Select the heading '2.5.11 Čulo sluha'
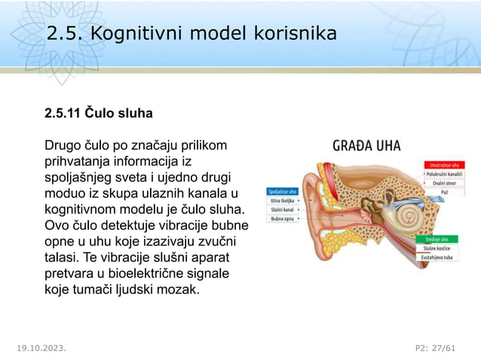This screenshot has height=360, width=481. pyautogui.click(x=98, y=114)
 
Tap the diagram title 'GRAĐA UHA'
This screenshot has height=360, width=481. pyautogui.click(x=366, y=145)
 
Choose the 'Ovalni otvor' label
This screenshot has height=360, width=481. pyautogui.click(x=449, y=183)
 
